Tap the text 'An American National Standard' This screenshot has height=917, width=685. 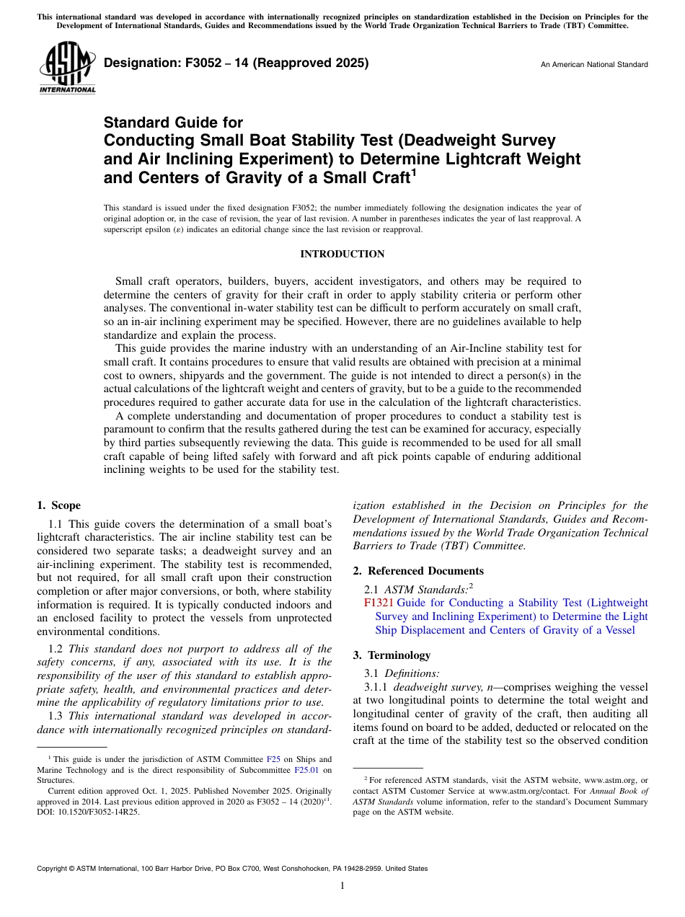tap(593, 64)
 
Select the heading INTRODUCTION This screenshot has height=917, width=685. tap(342, 254)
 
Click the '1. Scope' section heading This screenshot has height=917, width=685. tap(58, 505)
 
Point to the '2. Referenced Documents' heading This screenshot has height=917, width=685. tap(418, 571)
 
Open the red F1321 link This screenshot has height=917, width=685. tap(378, 603)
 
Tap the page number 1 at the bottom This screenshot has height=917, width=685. tap(342, 886)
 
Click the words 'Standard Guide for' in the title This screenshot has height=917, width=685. tap(173, 123)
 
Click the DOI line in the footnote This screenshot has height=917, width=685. tap(89, 811)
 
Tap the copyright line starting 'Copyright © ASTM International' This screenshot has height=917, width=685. tap(231, 869)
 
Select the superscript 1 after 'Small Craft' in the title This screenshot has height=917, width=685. tap(413, 173)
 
